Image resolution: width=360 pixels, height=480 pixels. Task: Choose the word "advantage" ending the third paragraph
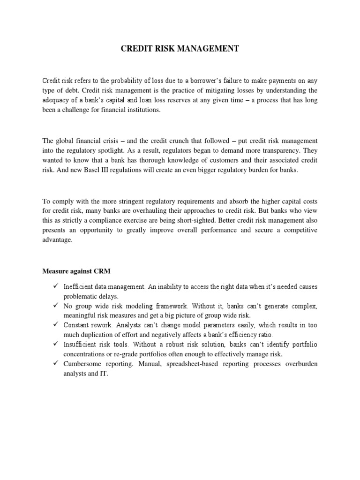(x=57, y=240)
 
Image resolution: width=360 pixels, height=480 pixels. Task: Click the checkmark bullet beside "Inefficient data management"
(x=55, y=286)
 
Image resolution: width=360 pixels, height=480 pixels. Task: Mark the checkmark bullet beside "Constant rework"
(x=55, y=325)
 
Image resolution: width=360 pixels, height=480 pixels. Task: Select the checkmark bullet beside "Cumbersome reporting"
(x=55, y=364)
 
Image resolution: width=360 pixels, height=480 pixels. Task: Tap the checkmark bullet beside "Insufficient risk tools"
(x=55, y=345)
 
